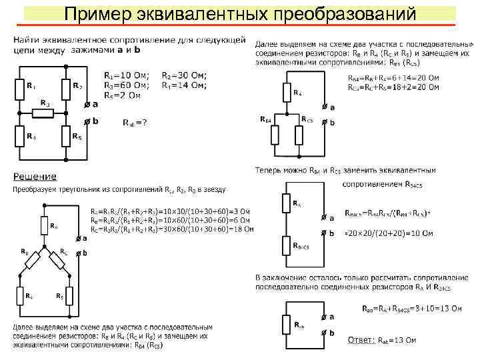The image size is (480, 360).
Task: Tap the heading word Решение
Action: coord(35,177)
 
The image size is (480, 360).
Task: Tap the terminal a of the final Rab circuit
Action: coord(325,317)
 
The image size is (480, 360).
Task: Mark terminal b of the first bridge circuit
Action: coord(87,121)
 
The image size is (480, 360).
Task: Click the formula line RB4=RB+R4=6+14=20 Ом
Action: coord(394,77)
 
